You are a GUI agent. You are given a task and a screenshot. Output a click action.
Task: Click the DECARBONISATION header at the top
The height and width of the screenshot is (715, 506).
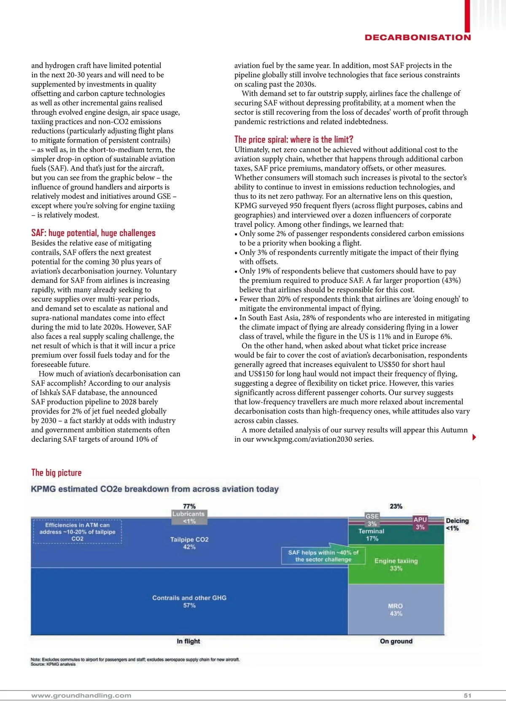(417, 38)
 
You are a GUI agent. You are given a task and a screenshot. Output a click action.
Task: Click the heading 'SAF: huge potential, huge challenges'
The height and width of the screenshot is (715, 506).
(93, 233)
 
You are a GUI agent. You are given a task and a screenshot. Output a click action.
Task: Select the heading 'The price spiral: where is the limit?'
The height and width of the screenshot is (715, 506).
(293, 140)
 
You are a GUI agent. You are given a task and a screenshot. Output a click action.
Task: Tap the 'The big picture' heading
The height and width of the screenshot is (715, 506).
(57, 473)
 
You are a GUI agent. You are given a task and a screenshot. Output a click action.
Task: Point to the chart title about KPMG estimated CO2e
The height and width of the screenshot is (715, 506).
(155, 489)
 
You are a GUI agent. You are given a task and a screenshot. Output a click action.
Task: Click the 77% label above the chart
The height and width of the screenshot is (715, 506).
(189, 506)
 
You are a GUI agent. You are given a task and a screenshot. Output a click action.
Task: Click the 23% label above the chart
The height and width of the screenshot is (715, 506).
(396, 506)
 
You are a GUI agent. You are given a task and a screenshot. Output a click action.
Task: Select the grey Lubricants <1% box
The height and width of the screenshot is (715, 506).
(189, 517)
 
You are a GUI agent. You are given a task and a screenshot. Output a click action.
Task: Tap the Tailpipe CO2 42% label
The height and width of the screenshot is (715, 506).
(189, 543)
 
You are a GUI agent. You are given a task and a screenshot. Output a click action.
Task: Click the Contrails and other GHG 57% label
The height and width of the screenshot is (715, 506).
(189, 602)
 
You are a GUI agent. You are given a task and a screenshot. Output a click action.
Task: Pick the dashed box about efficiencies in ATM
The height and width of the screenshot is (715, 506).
(77, 532)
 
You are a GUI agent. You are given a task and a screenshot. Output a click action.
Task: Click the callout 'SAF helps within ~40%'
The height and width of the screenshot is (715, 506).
(323, 556)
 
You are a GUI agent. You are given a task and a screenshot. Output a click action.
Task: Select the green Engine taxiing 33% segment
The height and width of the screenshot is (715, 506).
(396, 564)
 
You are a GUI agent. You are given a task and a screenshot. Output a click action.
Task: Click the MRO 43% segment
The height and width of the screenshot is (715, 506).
(396, 610)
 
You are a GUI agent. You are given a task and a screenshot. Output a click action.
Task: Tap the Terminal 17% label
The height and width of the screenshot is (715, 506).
(371, 535)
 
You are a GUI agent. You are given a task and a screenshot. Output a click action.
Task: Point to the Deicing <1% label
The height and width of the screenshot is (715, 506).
(457, 524)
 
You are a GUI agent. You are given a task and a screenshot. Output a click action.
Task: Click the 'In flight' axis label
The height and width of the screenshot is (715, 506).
(188, 641)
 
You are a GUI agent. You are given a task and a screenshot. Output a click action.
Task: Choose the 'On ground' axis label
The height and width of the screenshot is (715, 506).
(396, 641)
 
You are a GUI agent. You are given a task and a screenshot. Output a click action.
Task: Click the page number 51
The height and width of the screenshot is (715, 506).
(467, 696)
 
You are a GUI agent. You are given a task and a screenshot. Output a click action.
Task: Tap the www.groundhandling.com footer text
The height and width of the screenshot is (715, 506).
(81, 696)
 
